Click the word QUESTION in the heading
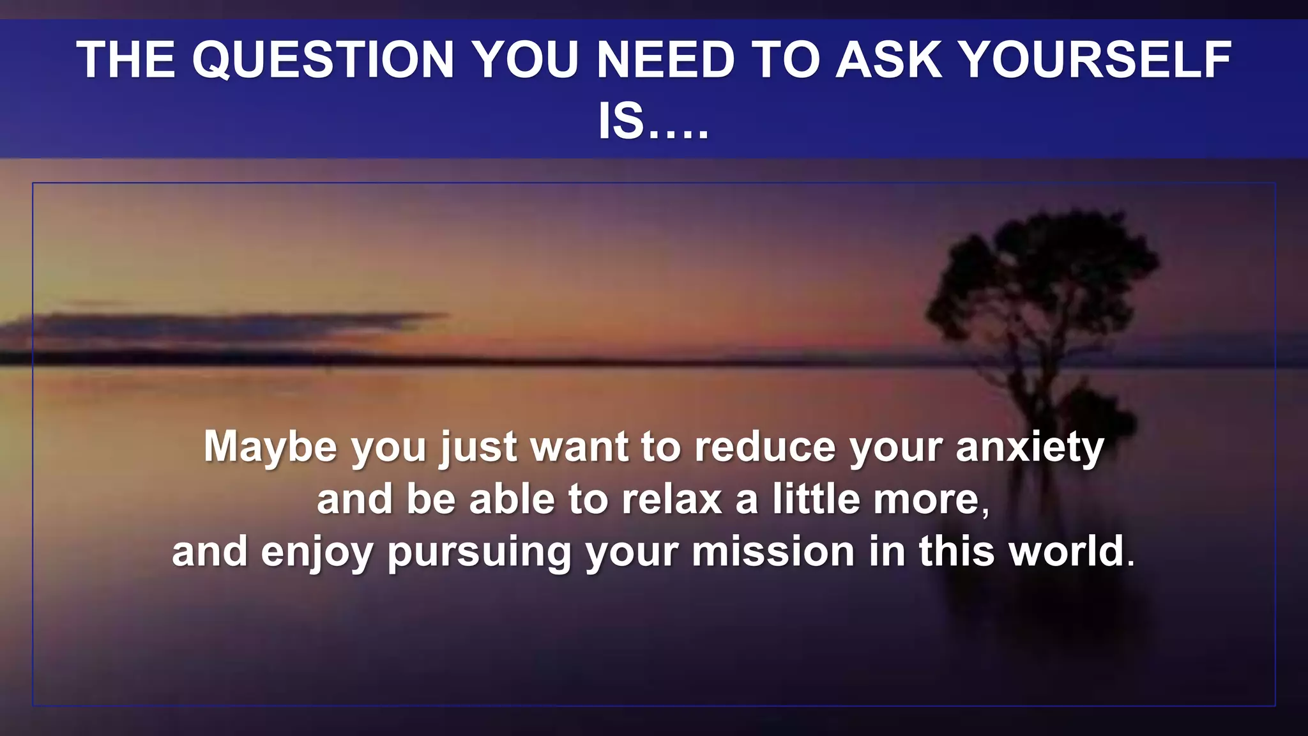point(323,60)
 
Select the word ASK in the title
point(889,60)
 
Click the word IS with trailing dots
point(653,121)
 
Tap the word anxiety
point(1030,447)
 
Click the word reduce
point(764,447)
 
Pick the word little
point(816,499)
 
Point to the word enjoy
point(317,552)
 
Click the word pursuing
point(479,552)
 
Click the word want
point(579,447)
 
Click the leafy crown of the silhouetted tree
point(1047,268)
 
